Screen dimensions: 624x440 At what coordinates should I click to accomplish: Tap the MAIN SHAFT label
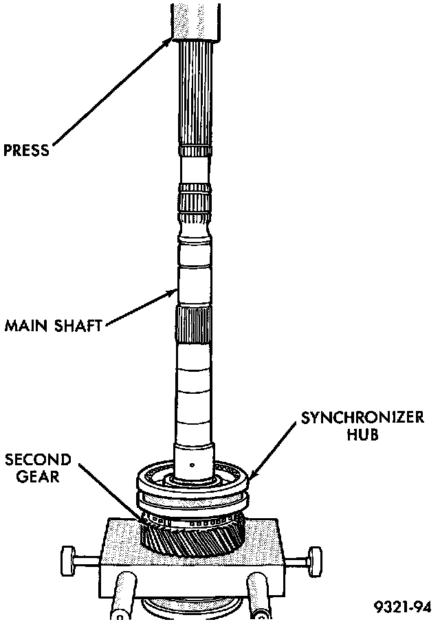54,324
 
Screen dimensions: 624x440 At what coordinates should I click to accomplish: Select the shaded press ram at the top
195,19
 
